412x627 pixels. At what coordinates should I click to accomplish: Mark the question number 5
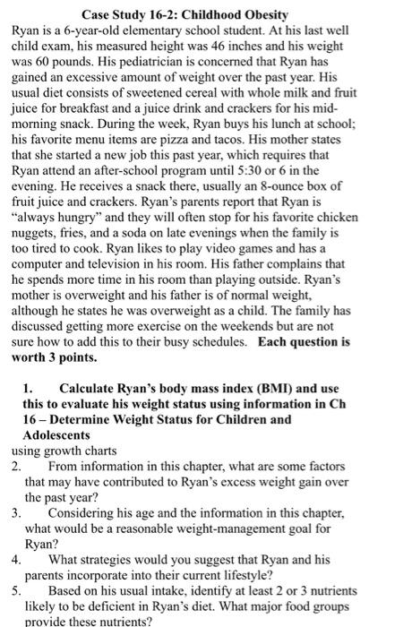click(17, 591)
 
